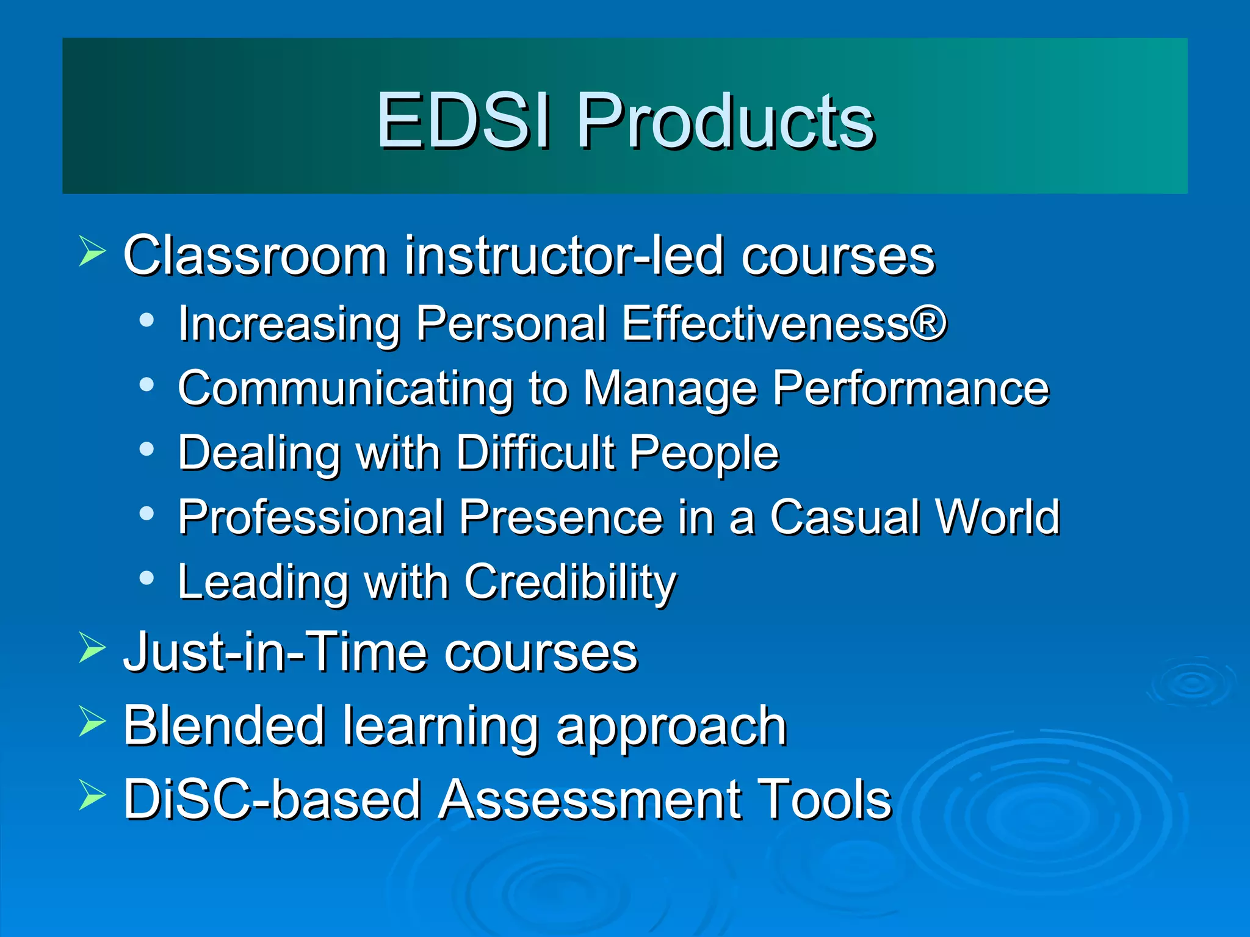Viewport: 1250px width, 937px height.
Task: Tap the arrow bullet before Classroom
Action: pos(92,253)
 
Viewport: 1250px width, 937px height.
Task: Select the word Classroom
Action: pos(255,256)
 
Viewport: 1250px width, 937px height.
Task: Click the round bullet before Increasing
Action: pos(146,320)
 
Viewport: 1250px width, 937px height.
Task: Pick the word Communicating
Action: pos(345,389)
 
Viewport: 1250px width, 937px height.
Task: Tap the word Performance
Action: pos(911,389)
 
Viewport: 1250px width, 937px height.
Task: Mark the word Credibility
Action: pos(570,583)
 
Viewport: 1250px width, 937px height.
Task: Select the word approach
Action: pos(671,727)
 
